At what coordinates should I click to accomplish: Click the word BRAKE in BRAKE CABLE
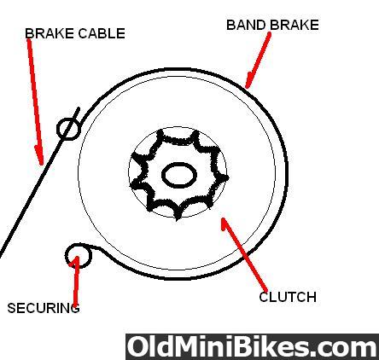click(x=50, y=33)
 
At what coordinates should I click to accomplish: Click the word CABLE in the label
click(x=102, y=33)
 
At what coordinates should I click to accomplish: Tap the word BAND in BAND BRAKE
click(x=247, y=25)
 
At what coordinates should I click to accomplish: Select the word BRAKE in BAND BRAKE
click(x=294, y=25)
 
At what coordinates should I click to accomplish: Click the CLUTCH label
click(x=288, y=297)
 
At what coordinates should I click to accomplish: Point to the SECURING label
click(x=44, y=308)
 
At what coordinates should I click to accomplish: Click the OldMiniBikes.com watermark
click(x=252, y=347)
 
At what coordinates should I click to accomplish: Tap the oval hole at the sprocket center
click(x=179, y=175)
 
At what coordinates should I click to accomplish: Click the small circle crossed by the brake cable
click(x=68, y=129)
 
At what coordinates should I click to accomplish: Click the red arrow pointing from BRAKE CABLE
click(x=35, y=102)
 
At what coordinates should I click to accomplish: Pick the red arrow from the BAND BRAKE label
click(x=258, y=60)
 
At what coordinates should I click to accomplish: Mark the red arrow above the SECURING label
click(x=76, y=281)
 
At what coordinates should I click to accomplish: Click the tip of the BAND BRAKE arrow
click(x=247, y=88)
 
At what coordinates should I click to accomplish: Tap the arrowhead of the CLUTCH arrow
click(x=223, y=219)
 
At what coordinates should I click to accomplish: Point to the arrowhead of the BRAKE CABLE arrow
click(x=42, y=164)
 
